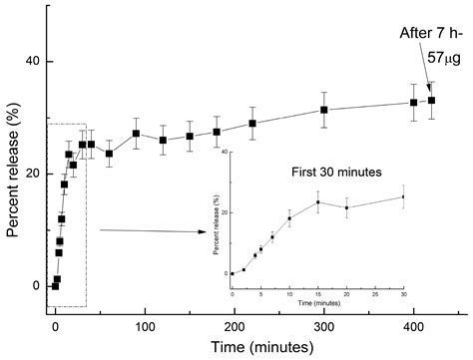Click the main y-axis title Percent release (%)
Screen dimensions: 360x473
[14, 174]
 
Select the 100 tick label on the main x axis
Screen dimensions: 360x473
[145, 325]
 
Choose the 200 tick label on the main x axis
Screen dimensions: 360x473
[235, 325]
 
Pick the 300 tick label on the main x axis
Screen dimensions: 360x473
[324, 325]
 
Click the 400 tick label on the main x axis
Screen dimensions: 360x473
[413, 325]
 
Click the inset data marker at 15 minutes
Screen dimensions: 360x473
[318, 202]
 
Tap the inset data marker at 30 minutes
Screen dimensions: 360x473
[404, 196]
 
